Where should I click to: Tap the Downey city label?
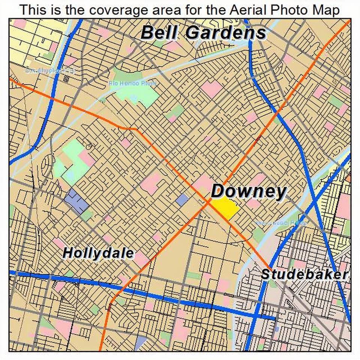click(248, 192)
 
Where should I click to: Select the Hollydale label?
click(98, 253)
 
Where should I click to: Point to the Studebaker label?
click(304, 274)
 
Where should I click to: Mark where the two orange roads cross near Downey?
click(209, 202)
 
